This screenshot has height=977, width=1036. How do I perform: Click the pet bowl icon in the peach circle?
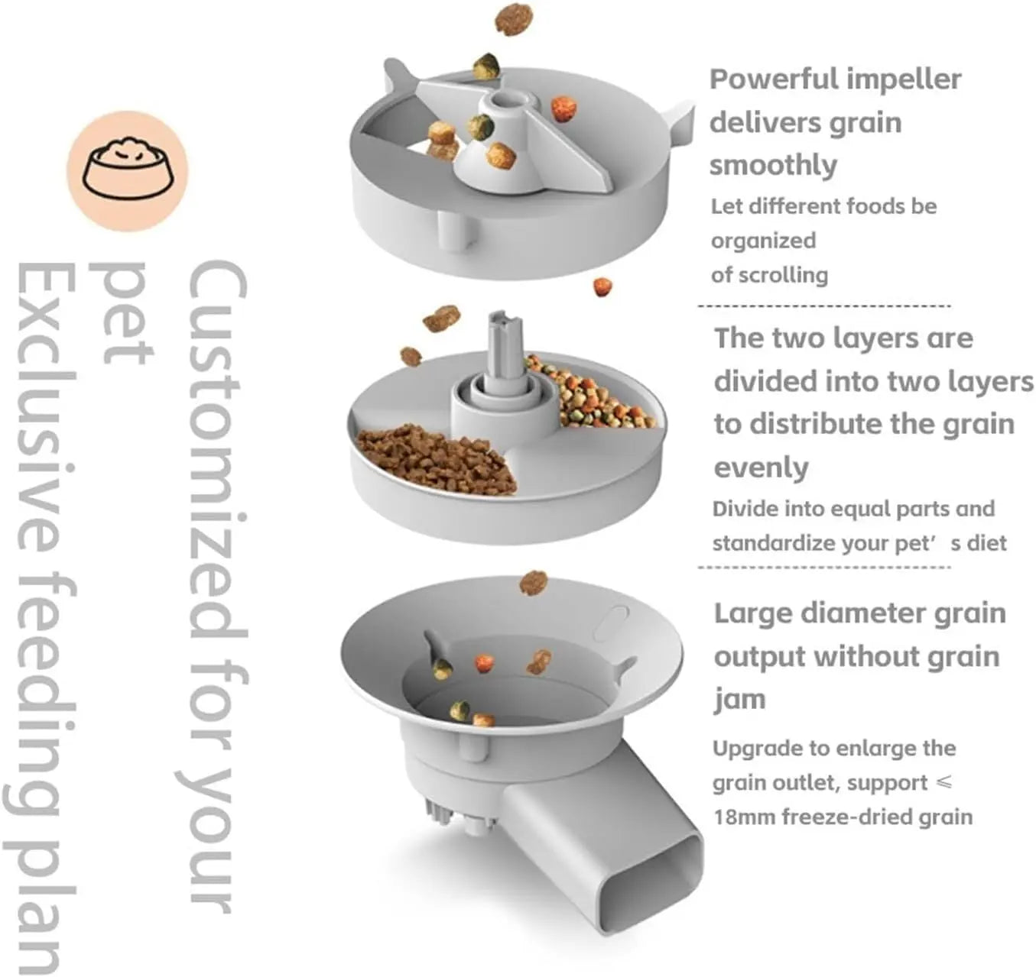pyautogui.click(x=128, y=170)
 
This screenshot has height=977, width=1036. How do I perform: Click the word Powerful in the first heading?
pyautogui.click(x=768, y=79)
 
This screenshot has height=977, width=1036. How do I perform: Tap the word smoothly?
pyautogui.click(x=773, y=165)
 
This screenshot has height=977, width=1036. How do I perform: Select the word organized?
pyautogui.click(x=763, y=241)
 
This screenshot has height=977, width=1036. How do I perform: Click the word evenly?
pyautogui.click(x=761, y=467)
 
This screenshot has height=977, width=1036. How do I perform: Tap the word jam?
pyautogui.click(x=739, y=700)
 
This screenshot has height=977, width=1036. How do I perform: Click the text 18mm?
pyautogui.click(x=744, y=817)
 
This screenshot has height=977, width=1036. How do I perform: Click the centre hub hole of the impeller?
pyautogui.click(x=507, y=100)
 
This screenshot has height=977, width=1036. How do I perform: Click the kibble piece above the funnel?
pyautogui.click(x=534, y=583)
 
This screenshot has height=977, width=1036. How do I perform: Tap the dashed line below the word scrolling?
pyautogui.click(x=823, y=306)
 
